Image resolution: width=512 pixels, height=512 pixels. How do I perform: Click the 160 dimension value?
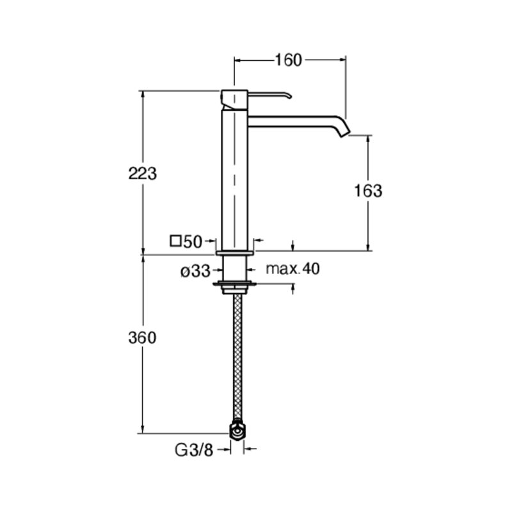click(x=289, y=60)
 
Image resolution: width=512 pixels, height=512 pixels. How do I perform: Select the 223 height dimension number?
click(x=142, y=173)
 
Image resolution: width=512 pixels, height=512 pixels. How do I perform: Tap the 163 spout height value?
click(x=368, y=191)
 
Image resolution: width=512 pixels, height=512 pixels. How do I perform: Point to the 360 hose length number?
click(x=142, y=338)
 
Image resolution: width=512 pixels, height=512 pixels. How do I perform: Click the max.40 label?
click(x=293, y=269)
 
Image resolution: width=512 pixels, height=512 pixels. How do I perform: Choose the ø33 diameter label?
click(x=195, y=271)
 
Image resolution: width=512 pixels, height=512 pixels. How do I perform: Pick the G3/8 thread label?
click(x=194, y=451)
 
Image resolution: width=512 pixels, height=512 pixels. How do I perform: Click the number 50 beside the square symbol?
click(x=193, y=242)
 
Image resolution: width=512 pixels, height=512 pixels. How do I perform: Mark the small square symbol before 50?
click(x=175, y=241)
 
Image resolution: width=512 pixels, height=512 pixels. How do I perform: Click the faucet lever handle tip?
click(x=290, y=96)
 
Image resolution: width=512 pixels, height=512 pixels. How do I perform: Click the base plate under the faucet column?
click(x=235, y=253)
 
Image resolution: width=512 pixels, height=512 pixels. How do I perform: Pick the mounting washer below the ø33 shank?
click(x=234, y=283)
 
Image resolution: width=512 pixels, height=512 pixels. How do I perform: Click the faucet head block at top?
click(x=235, y=100)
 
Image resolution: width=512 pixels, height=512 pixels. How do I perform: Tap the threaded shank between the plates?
click(x=234, y=268)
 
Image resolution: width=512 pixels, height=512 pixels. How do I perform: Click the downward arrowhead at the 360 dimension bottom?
click(x=142, y=429)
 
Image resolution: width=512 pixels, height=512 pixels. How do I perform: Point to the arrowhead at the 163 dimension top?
click(x=368, y=139)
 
